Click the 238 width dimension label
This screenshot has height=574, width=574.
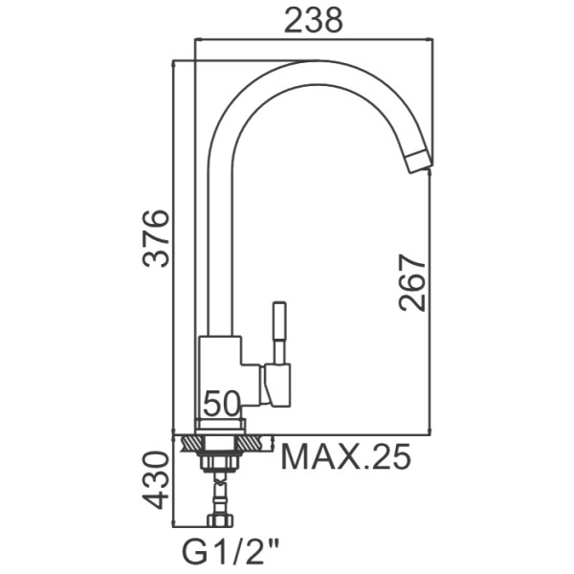click(314, 20)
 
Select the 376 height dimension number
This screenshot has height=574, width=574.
click(156, 238)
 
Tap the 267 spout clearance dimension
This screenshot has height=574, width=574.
click(413, 282)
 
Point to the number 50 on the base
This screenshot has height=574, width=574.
click(221, 404)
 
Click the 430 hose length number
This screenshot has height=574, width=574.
click(156, 480)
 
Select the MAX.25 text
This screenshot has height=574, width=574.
click(345, 457)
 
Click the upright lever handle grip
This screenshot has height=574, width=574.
click(280, 320)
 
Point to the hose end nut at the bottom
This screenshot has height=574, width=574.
click(221, 520)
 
